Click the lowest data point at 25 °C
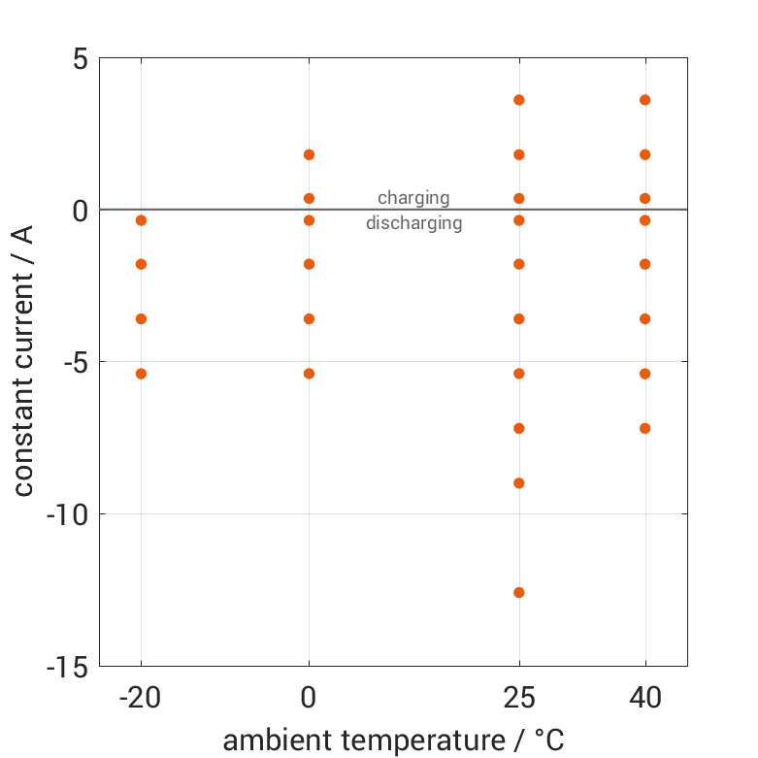pos(519,592)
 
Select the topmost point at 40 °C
pos(644,100)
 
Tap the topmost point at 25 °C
pos(519,100)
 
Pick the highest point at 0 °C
pos(309,154)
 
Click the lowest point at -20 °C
pos(141,374)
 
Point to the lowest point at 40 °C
pos(644,428)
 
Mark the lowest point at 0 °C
pos(309,374)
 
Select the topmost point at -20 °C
pos(141,220)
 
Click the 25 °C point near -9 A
pos(519,482)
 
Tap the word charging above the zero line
pos(413,198)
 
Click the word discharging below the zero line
pos(413,223)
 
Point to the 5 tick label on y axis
pos(80,58)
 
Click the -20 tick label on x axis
pos(141,699)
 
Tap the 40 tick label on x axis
pos(644,699)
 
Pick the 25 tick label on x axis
pos(519,699)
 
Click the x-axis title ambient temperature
pos(393,741)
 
